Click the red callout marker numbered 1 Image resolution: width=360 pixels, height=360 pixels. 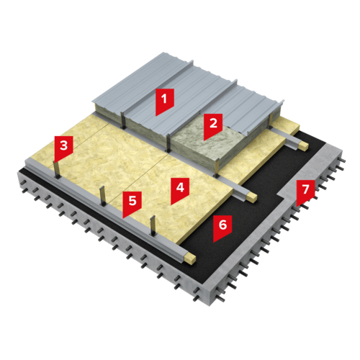tap(165, 101)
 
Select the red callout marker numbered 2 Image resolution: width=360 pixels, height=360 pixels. tap(213, 125)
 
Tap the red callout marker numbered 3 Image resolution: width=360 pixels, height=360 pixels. tap(63, 148)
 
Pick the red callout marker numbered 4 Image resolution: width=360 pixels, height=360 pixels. tap(180, 190)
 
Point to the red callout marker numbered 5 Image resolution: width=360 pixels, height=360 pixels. tap(132, 203)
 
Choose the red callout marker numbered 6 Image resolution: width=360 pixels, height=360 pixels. tap(222, 228)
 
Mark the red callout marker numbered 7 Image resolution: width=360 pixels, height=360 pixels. tap(305, 192)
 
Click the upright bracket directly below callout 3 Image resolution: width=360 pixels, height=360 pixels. tap(57, 170)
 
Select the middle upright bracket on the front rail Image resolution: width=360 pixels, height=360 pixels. tap(102, 196)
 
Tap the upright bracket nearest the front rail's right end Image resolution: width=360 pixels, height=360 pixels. tap(153, 225)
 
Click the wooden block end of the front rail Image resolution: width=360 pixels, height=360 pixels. tap(189, 258)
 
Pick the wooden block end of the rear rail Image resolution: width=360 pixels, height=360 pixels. tap(303, 146)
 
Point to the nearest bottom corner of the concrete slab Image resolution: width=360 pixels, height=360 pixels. tap(210, 306)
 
